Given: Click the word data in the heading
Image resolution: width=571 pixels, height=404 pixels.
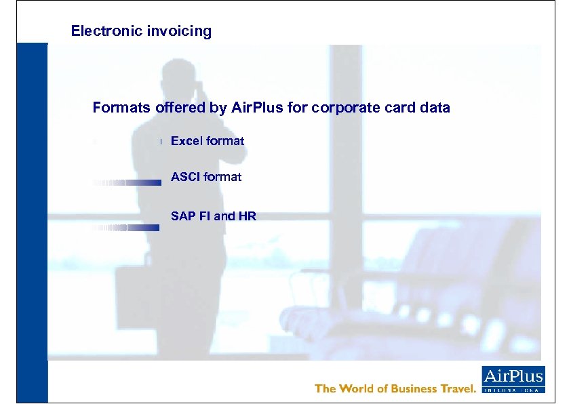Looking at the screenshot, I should tap(434, 108).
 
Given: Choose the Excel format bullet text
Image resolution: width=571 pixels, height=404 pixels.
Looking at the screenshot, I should tap(207, 141).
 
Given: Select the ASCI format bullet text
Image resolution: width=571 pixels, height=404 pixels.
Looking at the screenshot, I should tap(205, 177).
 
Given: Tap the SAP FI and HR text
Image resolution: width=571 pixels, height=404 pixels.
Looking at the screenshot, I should tap(213, 216).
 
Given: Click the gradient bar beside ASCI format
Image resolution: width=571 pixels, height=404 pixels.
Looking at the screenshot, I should tap(126, 183).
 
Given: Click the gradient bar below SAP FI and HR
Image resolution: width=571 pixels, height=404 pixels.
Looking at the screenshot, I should tap(126, 228).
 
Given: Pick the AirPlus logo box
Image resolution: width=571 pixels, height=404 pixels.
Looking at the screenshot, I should tap(513, 379).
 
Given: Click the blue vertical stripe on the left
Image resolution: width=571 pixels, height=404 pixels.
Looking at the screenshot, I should tap(33, 224).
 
